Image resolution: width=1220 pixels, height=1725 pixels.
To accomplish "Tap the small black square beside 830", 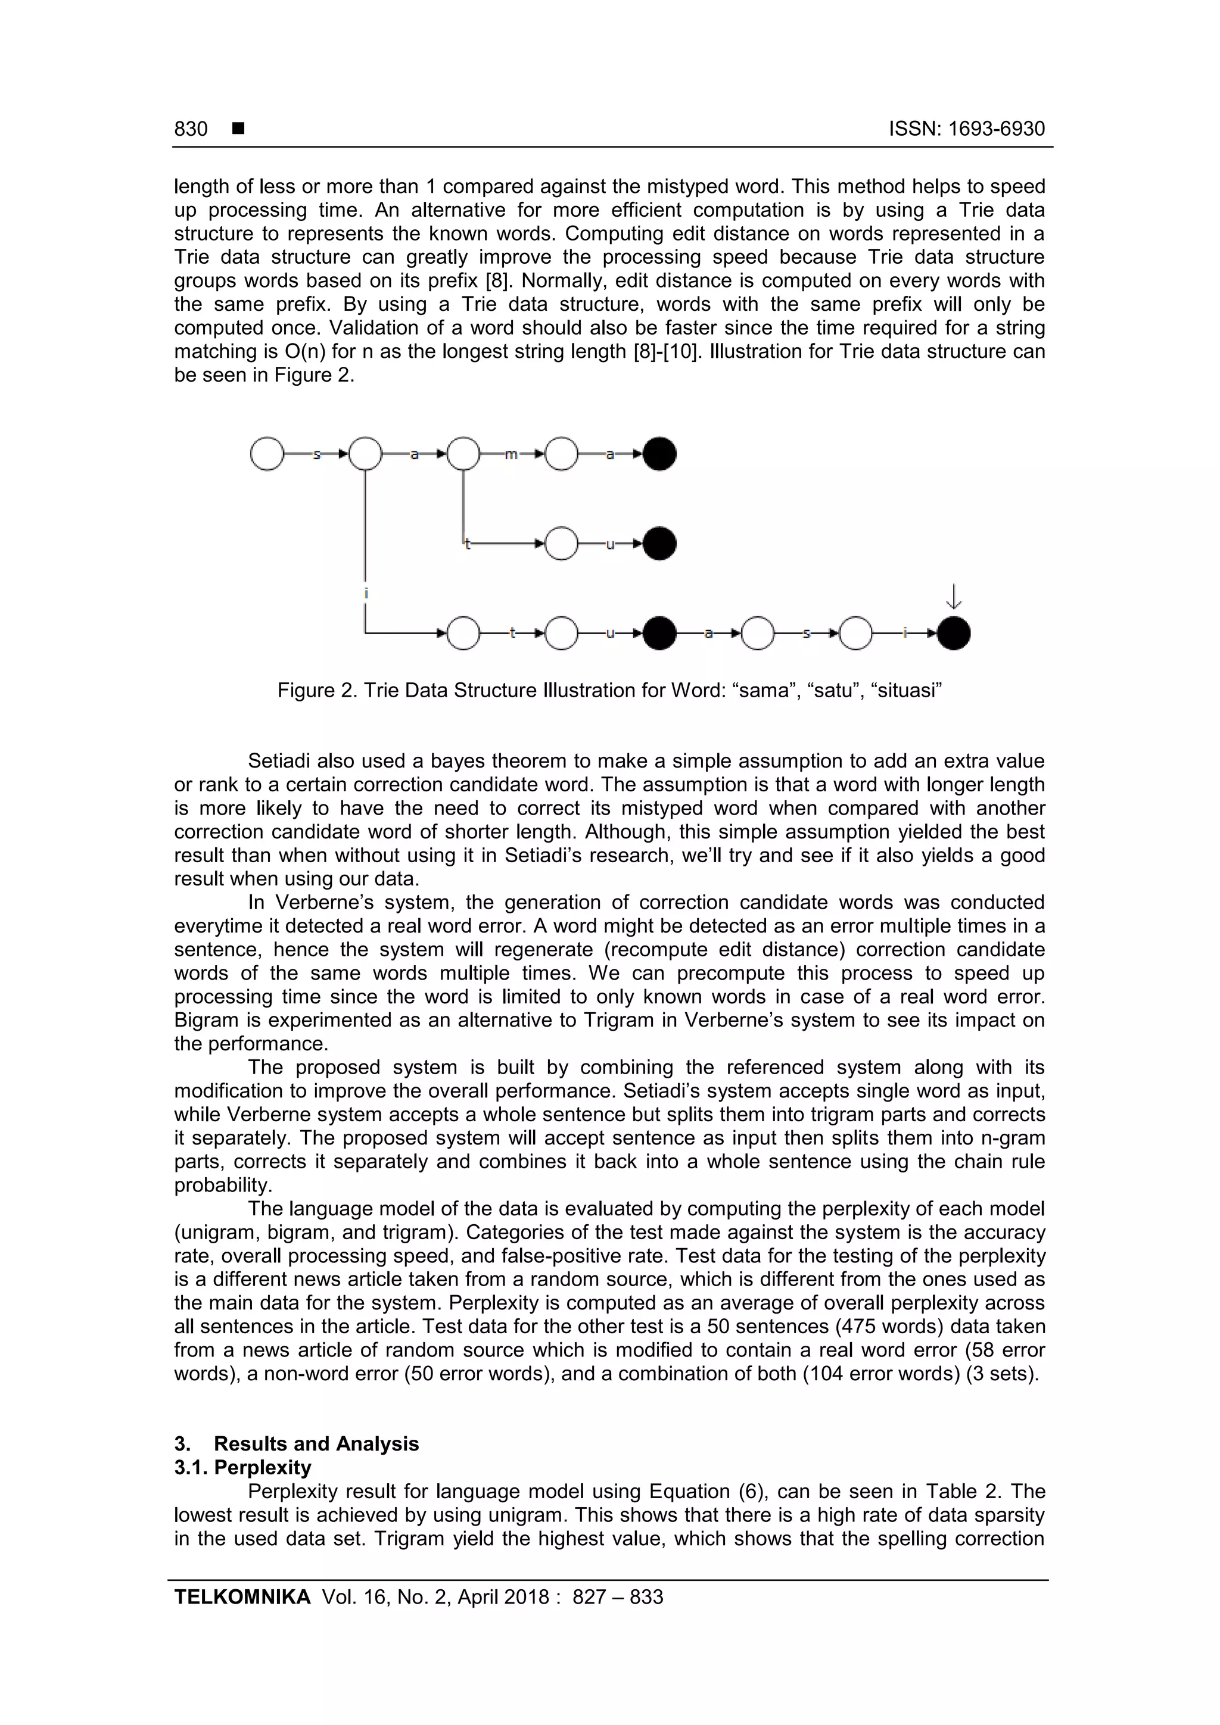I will (x=238, y=129).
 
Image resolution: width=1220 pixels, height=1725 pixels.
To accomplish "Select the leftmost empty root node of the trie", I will (x=267, y=454).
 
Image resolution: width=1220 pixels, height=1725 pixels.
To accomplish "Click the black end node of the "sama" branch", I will (x=659, y=454).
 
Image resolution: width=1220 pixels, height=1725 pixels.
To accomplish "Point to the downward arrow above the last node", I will (x=953, y=597).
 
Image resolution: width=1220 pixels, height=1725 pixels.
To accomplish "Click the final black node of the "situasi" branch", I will (x=953, y=634).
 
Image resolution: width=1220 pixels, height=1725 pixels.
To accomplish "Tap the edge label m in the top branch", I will (x=511, y=454).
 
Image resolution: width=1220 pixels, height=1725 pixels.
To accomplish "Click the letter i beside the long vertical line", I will (x=366, y=594).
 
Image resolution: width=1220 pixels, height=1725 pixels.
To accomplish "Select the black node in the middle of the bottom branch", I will (x=659, y=634).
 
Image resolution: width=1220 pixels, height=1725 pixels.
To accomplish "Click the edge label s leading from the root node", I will (x=316, y=454).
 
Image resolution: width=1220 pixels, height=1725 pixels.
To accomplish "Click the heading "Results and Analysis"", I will (x=316, y=1443).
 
